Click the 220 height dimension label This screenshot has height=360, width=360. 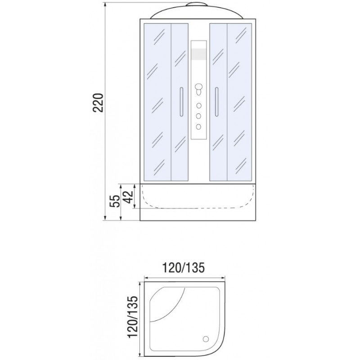point(99,103)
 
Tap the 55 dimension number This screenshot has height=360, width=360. point(115,201)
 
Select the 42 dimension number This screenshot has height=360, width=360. point(128,197)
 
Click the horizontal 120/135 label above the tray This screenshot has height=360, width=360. point(183,267)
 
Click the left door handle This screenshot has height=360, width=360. point(181,102)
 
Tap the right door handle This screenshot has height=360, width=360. point(216,102)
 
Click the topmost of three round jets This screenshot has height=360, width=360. point(199,105)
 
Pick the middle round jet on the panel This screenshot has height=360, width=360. point(199,116)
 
